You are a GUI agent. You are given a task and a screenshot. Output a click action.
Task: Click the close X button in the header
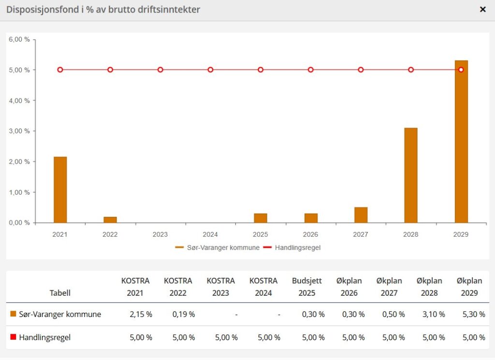click(x=482, y=9)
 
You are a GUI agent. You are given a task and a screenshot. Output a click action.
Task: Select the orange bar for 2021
click(x=60, y=189)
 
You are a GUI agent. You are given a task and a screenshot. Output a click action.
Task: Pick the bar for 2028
click(x=411, y=175)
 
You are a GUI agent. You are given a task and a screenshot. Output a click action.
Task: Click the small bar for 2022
click(x=110, y=220)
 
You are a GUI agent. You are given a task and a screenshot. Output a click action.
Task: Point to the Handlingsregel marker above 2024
click(x=210, y=70)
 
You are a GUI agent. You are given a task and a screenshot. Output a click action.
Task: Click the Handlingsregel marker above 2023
click(x=160, y=70)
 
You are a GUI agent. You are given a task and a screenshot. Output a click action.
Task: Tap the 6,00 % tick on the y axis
click(x=19, y=40)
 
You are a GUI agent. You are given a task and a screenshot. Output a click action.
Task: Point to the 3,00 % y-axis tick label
click(x=19, y=131)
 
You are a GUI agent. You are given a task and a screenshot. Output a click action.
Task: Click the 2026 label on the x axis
click(x=310, y=234)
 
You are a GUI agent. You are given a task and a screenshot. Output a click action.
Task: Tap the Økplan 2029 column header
click(x=469, y=287)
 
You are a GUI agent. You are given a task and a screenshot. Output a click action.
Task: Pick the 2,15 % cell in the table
click(x=141, y=314)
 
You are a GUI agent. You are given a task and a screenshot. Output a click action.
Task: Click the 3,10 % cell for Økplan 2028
click(x=433, y=314)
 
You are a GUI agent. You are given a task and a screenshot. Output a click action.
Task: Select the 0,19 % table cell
click(x=184, y=314)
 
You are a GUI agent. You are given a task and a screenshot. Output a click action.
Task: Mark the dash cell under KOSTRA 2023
click(x=236, y=314)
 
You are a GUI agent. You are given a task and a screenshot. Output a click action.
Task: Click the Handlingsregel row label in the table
click(x=44, y=337)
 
